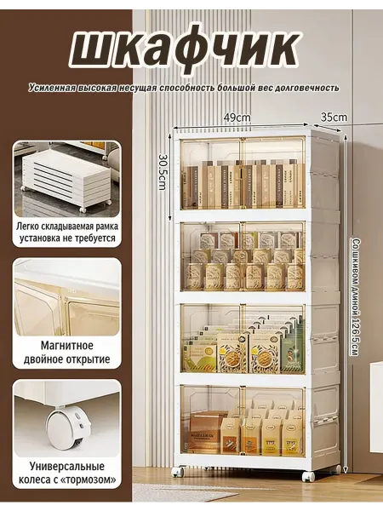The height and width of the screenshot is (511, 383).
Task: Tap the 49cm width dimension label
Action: click(x=237, y=118)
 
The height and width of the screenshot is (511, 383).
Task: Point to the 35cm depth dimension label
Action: click(x=334, y=117)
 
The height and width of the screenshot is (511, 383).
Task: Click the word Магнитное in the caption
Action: click(x=67, y=345)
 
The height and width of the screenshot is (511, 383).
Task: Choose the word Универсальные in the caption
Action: click(x=67, y=466)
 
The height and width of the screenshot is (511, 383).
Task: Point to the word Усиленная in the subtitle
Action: click(x=51, y=88)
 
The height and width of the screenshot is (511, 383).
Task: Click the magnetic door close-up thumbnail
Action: click(x=67, y=296)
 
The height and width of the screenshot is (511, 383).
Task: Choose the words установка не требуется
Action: click(x=67, y=238)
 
